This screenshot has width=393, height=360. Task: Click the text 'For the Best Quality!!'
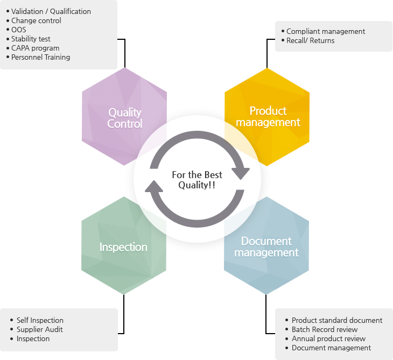pyautogui.click(x=196, y=180)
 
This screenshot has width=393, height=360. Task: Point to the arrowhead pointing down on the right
pyautogui.click(x=241, y=173)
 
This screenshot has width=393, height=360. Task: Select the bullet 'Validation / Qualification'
pyautogui.click(x=51, y=11)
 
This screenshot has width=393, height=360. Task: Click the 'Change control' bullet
pyautogui.click(x=36, y=20)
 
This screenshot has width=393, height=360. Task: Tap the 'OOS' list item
pyautogui.click(x=18, y=30)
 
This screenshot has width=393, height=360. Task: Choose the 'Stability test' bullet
pyautogui.click(x=31, y=39)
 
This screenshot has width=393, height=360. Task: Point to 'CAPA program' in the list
pyautogui.click(x=35, y=48)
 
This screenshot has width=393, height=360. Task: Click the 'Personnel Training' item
pyautogui.click(x=40, y=57)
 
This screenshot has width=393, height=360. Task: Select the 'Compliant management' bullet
pyautogui.click(x=326, y=31)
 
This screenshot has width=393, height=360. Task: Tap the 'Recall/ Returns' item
pyautogui.click(x=310, y=40)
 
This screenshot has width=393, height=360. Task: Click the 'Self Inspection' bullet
pyautogui.click(x=40, y=320)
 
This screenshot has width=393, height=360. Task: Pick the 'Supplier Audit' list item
pyautogui.click(x=39, y=329)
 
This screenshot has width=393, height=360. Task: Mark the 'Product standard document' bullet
pyautogui.click(x=336, y=320)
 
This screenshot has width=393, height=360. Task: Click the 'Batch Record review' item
pyautogui.click(x=324, y=329)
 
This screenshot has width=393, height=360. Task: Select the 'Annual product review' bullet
pyautogui.click(x=328, y=338)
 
